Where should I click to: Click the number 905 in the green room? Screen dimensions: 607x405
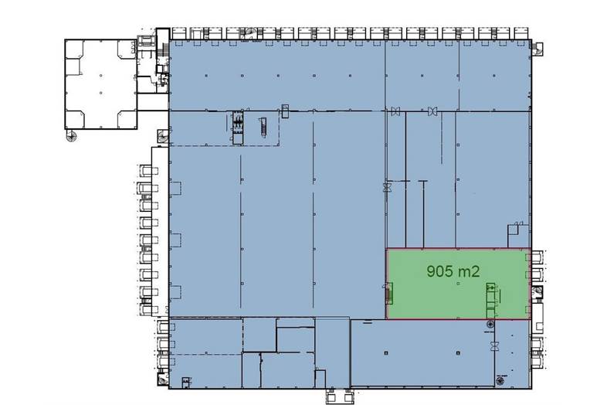tap(439, 271)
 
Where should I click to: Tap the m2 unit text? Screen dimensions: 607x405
tap(469, 271)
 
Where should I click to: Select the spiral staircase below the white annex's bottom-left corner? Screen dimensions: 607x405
tap(71, 135)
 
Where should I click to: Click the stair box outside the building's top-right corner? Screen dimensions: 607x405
tap(537, 49)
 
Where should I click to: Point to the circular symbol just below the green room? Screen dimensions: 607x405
tap(490, 324)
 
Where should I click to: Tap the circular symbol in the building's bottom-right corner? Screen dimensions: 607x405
tap(500, 381)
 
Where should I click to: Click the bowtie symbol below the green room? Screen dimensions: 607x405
tap(494, 346)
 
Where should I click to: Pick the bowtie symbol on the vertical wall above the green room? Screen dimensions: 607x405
tap(386, 188)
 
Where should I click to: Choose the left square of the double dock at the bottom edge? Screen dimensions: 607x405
tap(332, 396)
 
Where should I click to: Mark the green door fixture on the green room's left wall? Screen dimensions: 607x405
tap(388, 293)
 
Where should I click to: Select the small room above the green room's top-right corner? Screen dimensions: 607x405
tap(514, 236)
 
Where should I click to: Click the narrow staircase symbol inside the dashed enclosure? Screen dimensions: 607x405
tap(263, 127)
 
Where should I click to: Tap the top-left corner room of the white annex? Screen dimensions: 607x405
tap(74, 49)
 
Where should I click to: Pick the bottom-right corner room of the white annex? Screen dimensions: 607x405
tap(127, 119)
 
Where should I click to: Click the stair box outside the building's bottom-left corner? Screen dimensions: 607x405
tap(163, 379)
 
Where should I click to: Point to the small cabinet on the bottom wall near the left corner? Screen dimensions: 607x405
tap(186, 383)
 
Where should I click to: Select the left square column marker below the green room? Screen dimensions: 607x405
tap(386, 352)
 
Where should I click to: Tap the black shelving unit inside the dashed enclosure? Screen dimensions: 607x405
tap(238, 122)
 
